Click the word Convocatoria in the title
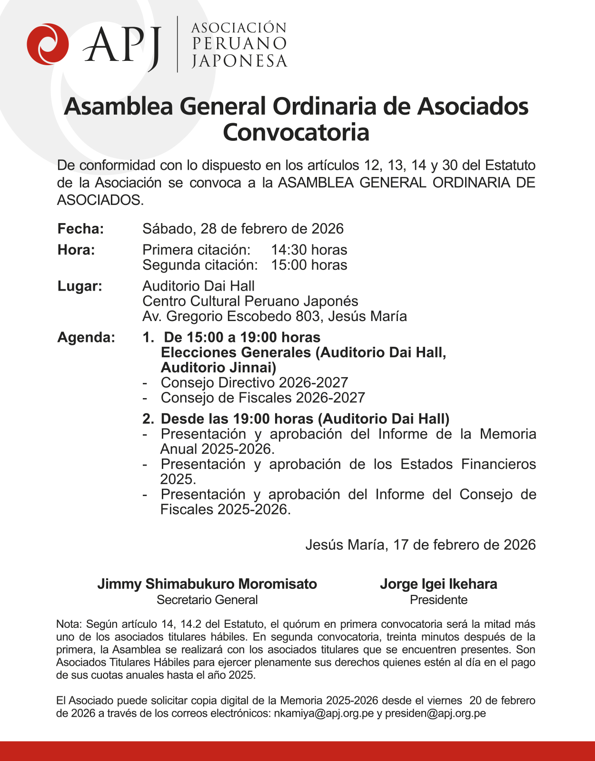point(296,132)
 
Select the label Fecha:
point(80,229)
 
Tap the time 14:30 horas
point(309,250)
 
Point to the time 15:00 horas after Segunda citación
point(309,265)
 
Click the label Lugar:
point(79,286)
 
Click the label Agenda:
point(86,337)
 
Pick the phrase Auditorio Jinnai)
point(218,367)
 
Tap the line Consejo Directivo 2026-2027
point(254,382)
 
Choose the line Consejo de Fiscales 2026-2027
point(263,398)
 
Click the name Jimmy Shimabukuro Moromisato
point(207,584)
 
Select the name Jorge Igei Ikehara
point(438,584)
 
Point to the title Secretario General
point(207,600)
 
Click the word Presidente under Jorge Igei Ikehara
point(438,600)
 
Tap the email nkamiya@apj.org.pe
point(323,713)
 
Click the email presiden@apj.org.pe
point(435,713)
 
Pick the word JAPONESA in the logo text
point(239,61)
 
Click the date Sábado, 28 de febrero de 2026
point(243,229)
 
